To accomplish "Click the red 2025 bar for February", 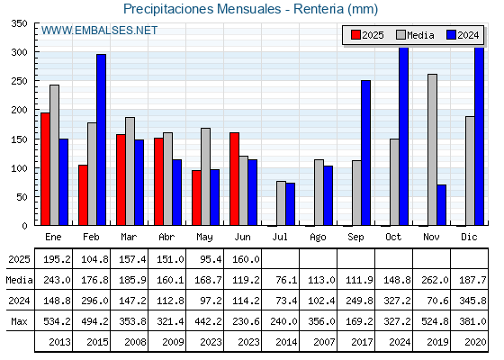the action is (83, 195).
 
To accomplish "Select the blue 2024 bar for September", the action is (365, 153).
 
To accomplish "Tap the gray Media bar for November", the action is (432, 149).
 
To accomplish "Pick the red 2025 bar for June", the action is (234, 179).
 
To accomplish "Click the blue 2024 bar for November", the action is (441, 205).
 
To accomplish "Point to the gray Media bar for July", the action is (281, 203).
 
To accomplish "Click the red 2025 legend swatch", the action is (355, 35).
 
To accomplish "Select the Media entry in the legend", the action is (415, 35).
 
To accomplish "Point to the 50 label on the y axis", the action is (22, 197).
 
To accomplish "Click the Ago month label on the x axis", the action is (318, 238).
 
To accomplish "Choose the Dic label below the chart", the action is (469, 237).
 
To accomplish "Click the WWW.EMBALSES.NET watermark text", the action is (99, 31).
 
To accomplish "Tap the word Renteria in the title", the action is (319, 9).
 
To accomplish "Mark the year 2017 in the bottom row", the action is (362, 342).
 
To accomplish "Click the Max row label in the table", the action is (19, 321).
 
